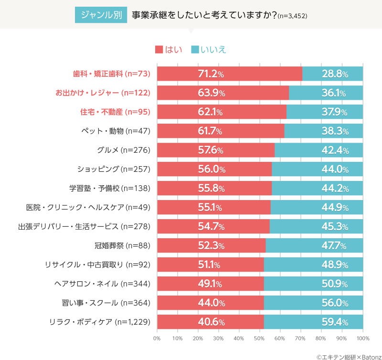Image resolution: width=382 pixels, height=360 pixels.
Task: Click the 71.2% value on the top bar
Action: (x=211, y=74)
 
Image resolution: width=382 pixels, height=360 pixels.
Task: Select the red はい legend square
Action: (x=159, y=50)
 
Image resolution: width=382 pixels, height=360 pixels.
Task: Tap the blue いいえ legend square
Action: (x=195, y=50)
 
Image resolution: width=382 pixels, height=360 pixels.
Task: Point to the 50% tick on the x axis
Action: (x=259, y=339)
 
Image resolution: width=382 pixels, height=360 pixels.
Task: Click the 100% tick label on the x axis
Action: (x=363, y=339)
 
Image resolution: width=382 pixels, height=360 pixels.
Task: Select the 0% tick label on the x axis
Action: (x=157, y=339)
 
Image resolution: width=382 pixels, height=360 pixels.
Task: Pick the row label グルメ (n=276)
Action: (x=124, y=150)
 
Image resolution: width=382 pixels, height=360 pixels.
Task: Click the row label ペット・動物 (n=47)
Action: (x=117, y=131)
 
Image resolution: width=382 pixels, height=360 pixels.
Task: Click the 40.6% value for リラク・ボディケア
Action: (x=211, y=322)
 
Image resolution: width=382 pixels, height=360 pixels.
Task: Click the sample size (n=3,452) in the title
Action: (x=293, y=16)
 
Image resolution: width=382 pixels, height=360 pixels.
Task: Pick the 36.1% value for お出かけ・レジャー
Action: (x=335, y=93)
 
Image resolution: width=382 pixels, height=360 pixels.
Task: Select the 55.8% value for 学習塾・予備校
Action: (x=211, y=189)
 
